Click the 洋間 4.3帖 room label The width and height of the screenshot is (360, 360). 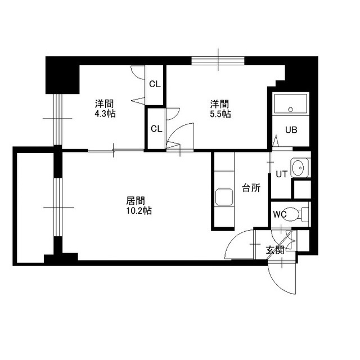(x=105, y=109)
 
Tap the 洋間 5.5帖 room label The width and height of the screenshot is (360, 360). (x=220, y=109)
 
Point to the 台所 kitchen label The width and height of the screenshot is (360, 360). (x=251, y=188)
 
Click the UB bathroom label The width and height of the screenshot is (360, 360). (x=291, y=130)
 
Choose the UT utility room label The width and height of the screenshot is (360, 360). (x=281, y=174)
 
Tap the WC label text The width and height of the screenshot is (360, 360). (x=280, y=214)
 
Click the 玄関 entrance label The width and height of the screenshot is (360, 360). (x=275, y=250)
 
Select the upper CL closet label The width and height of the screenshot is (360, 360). (x=155, y=84)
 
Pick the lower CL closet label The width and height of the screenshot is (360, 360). (x=156, y=129)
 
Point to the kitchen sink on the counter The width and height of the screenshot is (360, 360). (x=224, y=197)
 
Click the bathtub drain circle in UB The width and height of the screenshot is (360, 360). (x=291, y=109)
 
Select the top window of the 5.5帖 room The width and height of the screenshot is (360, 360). (x=218, y=61)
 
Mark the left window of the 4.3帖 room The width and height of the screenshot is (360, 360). (x=58, y=119)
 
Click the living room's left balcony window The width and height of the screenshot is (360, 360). (x=58, y=207)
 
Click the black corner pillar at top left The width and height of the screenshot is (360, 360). (x=62, y=75)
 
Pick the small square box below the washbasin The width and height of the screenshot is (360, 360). (x=302, y=190)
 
